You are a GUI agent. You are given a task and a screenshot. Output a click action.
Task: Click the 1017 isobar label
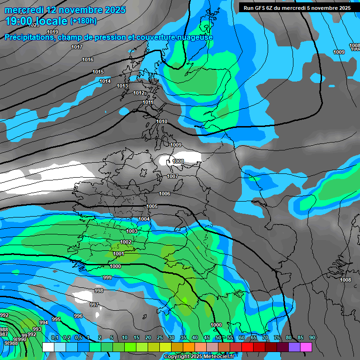coord(77,47)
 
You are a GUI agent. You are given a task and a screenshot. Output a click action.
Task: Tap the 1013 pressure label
coord(122,86)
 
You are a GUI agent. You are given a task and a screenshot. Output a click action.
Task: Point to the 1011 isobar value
coord(148,102)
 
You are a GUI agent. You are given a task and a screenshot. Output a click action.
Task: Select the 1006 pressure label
coord(165,194)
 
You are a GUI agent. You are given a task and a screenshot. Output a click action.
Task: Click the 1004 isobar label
coord(144,219)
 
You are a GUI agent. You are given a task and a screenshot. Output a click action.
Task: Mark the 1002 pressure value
coord(126,242)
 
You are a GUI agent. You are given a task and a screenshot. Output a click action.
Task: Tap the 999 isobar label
coord(107,277)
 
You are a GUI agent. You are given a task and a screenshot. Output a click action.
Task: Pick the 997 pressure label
coord(94,305)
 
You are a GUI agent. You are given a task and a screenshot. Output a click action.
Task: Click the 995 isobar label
coord(56,319)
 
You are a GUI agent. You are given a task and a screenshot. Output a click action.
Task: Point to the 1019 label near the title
coord(52,32)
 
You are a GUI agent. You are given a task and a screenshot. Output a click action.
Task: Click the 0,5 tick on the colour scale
coord(78,337)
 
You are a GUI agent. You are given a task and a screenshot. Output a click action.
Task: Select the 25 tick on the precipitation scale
coord(160,337)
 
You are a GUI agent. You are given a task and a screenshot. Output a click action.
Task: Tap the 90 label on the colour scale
coord(312,337)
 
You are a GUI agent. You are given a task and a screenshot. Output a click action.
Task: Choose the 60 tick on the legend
coord(242,337)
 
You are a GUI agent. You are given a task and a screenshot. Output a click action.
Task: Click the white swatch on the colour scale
coord(48,347)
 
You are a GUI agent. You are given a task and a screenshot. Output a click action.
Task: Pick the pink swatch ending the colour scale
coord(306,347)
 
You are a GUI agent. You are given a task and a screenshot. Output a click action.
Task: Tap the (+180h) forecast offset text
coord(83,21)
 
